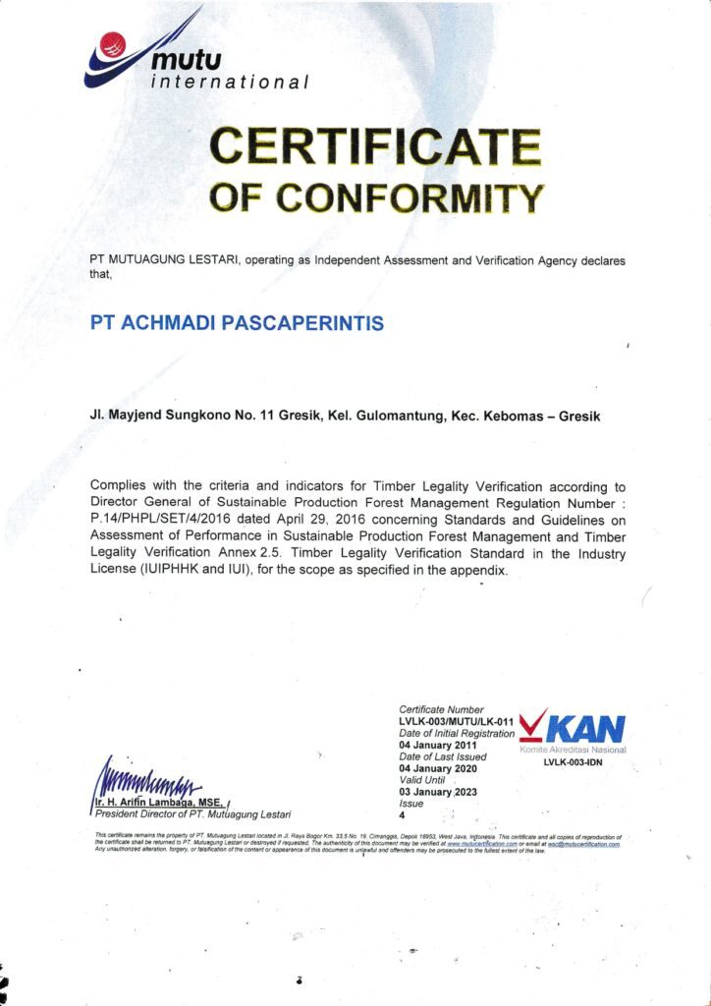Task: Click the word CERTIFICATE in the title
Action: click(x=376, y=148)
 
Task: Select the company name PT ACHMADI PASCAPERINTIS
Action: click(x=237, y=322)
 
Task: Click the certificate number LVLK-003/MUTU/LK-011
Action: click(x=456, y=721)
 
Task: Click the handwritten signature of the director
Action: click(x=147, y=782)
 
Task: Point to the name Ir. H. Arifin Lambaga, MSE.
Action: click(x=160, y=802)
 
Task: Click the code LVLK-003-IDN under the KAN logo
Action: click(x=573, y=762)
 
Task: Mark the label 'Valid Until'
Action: click(x=423, y=779)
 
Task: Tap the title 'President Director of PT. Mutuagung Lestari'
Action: click(x=193, y=813)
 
